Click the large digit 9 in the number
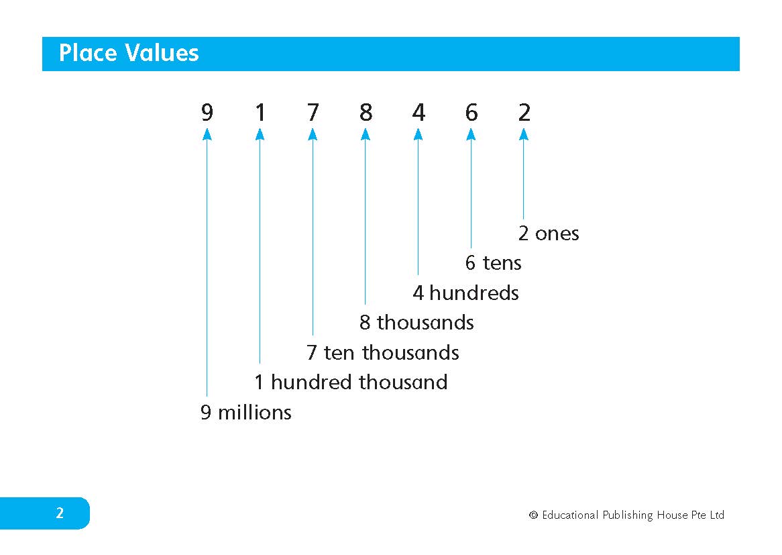[207, 112]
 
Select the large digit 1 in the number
[260, 112]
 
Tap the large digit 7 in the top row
[313, 112]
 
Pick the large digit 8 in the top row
[366, 112]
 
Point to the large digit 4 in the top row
[418, 112]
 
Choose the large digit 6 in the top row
[471, 112]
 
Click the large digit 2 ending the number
[524, 112]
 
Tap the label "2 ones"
[549, 234]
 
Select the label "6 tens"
[493, 263]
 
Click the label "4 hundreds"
[466, 293]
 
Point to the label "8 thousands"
[416, 322]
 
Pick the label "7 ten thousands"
[382, 352]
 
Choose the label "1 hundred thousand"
[351, 383]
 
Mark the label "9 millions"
[246, 412]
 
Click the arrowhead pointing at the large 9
[207, 134]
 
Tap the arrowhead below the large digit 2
[524, 134]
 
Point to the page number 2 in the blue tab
[60, 513]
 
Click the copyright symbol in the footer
[533, 515]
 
